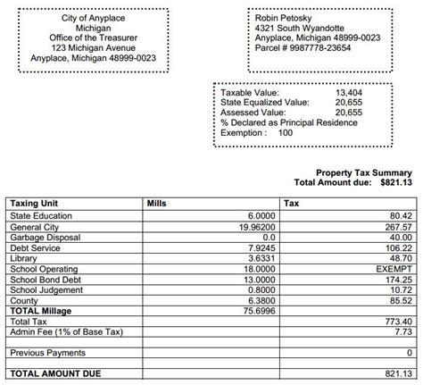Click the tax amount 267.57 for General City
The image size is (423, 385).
pos(398,227)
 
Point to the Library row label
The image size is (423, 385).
pos(24,258)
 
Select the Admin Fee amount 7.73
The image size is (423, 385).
pos(403,331)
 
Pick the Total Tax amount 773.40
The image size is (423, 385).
pos(398,322)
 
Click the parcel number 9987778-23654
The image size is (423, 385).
pos(328,47)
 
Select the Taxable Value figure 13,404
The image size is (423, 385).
pos(348,92)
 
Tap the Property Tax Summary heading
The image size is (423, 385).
pos(363,172)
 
